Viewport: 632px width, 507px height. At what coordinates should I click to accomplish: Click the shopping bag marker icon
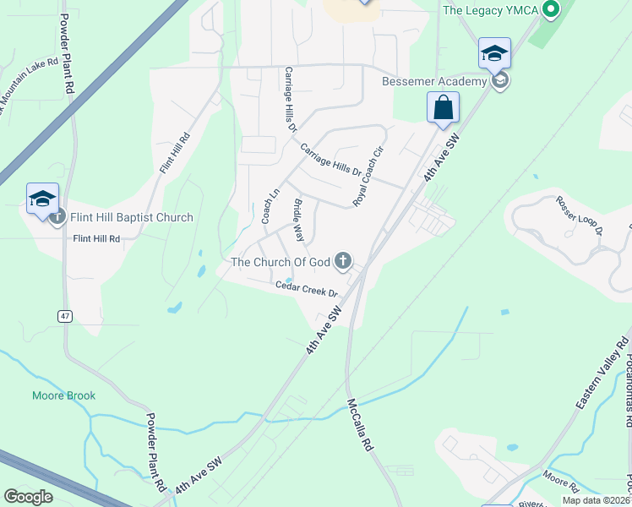coord(443,108)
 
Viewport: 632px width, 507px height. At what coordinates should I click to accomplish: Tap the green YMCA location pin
coord(551,10)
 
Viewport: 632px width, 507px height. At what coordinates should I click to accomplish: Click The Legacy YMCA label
coord(490,10)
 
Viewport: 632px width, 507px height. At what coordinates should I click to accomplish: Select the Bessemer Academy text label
coord(434,81)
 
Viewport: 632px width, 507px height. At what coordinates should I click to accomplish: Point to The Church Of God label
coord(281,262)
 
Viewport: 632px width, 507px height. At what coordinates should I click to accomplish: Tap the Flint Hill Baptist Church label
coord(132,217)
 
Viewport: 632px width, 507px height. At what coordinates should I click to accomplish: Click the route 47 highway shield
coord(65,315)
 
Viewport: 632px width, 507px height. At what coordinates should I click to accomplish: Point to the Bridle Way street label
coord(298,221)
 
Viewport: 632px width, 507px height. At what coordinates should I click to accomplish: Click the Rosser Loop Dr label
coord(579,215)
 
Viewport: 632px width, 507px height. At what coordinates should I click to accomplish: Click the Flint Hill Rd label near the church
coord(96,239)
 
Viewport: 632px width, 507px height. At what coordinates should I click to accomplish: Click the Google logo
coord(29,497)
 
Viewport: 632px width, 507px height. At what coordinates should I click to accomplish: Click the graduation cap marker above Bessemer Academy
coord(494,53)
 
